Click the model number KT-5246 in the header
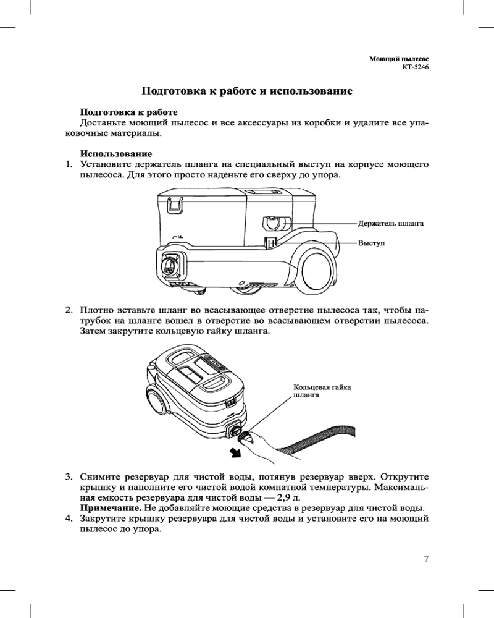tap(415, 66)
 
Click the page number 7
tap(426, 559)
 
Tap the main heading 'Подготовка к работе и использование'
tap(247, 91)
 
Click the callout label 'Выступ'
tap(371, 243)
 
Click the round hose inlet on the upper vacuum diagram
tap(170, 266)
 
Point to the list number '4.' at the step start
tap(70, 519)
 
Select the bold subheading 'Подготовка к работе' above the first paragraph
tap(128, 112)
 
